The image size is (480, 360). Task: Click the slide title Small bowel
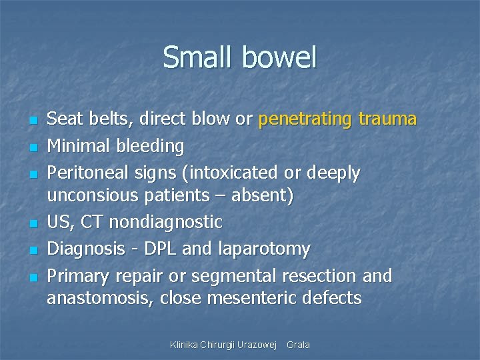click(x=239, y=57)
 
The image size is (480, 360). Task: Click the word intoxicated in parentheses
click(x=226, y=173)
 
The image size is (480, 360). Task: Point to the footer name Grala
click(x=298, y=345)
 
